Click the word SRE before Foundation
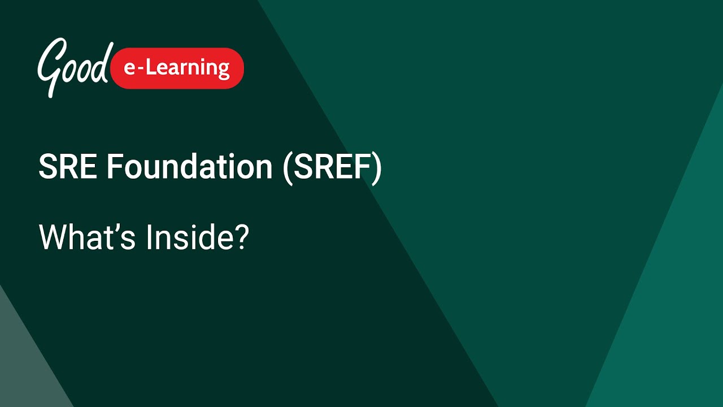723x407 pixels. pos(68,167)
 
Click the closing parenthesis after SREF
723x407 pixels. pos(377,168)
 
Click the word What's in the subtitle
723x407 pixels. pos(87,237)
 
